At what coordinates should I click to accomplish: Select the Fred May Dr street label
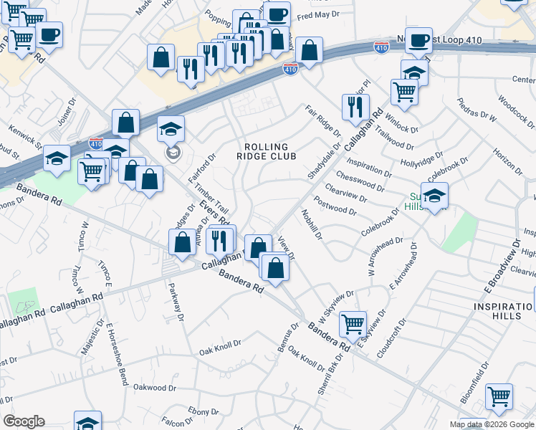317,15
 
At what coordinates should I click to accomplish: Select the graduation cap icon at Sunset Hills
434,195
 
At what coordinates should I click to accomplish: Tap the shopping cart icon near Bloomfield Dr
499,396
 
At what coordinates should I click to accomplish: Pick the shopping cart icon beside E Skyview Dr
353,325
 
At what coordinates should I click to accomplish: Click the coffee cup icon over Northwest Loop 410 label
418,39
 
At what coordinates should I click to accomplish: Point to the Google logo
24,421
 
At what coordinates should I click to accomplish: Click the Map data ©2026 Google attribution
492,424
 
